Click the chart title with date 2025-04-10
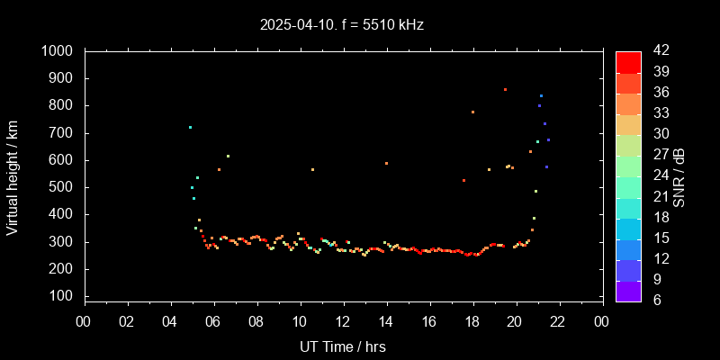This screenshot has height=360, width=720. [x=341, y=25]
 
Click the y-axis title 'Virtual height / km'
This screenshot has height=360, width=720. [x=13, y=177]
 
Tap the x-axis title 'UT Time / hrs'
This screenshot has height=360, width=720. [x=343, y=346]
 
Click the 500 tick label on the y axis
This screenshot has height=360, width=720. [x=62, y=187]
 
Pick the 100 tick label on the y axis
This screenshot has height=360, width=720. [x=62, y=296]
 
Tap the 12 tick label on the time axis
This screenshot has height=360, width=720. [x=343, y=321]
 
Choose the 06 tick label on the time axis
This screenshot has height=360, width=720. [x=213, y=321]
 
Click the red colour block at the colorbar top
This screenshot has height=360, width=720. [x=628, y=62]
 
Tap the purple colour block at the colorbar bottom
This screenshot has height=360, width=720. [x=628, y=290]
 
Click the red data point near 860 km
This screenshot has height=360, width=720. [x=505, y=90]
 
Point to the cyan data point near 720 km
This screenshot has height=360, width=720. [x=190, y=128]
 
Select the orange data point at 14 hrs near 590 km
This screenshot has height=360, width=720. [x=386, y=164]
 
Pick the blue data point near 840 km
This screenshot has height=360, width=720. [x=541, y=95]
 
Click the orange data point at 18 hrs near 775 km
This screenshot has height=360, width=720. [x=472, y=112]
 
